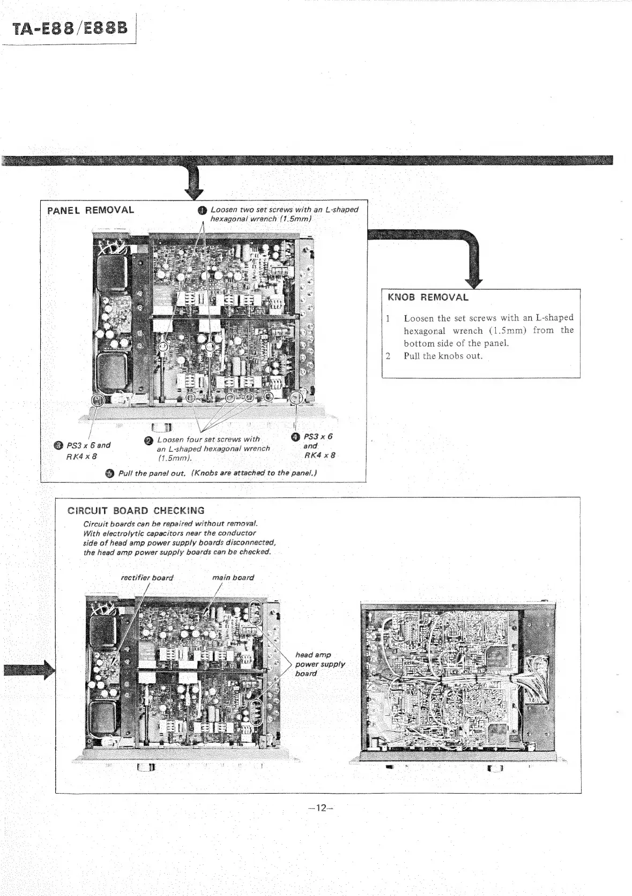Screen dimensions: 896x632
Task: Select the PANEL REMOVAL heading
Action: point(91,210)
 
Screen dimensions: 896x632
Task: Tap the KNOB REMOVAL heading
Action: point(428,297)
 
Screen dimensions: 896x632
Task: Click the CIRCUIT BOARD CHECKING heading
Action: point(136,511)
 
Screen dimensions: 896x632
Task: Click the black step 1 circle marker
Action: point(202,210)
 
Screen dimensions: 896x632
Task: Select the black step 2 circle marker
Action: point(148,440)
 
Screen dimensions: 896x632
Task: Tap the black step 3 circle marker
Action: point(58,445)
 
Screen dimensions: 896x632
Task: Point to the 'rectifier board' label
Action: point(147,578)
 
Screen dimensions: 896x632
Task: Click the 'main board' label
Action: point(233,578)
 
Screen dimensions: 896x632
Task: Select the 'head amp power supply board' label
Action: point(319,664)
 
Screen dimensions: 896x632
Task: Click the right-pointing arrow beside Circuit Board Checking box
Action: point(29,669)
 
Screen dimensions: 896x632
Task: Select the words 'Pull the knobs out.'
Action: point(443,356)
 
